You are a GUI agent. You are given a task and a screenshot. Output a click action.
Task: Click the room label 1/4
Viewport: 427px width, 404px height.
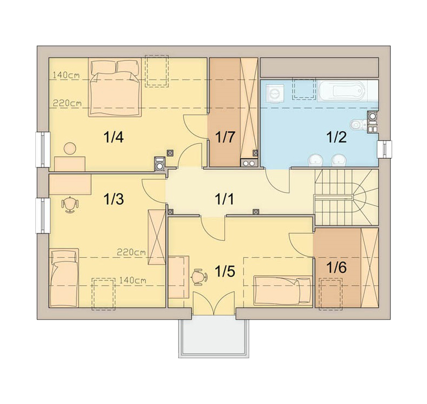tap(114, 137)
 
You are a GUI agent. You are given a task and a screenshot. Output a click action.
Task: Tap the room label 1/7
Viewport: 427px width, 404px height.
tap(225, 137)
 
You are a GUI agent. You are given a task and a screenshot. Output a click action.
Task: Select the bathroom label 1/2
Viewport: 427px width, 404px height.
tap(337, 137)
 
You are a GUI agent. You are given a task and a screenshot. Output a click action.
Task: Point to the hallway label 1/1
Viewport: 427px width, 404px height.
tap(224, 199)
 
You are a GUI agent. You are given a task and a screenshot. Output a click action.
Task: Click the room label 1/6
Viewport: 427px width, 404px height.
tap(337, 268)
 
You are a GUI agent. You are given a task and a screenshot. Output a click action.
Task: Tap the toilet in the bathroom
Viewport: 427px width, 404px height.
tap(358, 125)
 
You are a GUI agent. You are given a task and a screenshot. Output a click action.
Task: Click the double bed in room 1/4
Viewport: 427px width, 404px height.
tap(115, 87)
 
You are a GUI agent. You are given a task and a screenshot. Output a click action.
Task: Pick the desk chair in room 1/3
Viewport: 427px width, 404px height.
tap(70, 204)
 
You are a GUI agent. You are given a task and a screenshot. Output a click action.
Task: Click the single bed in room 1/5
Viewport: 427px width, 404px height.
tap(282, 290)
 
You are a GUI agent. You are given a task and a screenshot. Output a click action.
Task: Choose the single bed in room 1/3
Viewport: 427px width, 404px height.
tap(64, 277)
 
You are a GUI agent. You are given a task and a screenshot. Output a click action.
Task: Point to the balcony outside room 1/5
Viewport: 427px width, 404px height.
tap(214, 338)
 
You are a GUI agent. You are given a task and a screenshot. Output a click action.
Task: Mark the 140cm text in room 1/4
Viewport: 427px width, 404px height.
tap(66, 75)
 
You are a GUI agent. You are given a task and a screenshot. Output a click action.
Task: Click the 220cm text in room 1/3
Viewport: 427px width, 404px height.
tap(131, 252)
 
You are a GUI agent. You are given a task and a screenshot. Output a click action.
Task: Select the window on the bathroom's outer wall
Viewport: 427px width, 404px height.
tap(385, 150)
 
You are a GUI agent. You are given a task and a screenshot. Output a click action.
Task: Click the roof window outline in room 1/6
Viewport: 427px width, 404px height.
tap(331, 294)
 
